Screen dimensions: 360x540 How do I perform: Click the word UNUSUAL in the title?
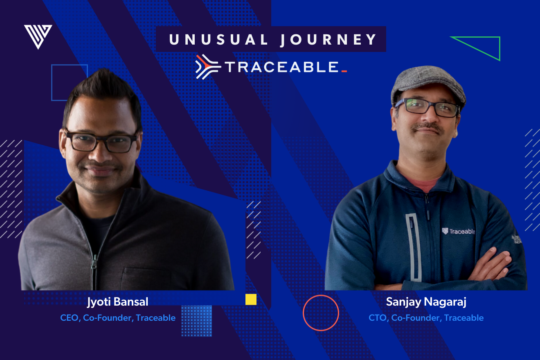pos(218,40)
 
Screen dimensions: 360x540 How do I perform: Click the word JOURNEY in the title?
pos(328,40)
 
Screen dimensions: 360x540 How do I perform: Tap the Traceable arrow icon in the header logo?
pos(208,66)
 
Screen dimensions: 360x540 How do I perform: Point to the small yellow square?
pos(251,299)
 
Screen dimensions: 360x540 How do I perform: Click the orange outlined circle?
pos(321,313)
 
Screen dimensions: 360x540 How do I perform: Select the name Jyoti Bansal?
pos(118,302)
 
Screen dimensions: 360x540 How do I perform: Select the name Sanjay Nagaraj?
pos(426,302)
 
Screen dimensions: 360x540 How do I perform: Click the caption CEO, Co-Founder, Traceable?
pos(118,318)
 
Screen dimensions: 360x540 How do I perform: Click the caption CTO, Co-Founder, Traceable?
pos(426,318)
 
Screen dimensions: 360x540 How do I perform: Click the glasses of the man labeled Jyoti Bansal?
pos(101,142)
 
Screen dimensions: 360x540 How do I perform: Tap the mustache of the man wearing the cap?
pos(427,128)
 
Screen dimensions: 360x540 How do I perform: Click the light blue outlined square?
pos(70,82)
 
